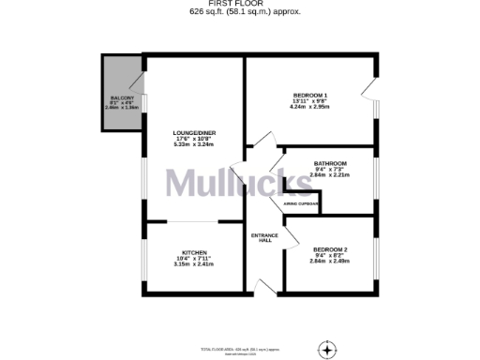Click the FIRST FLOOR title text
coord(239,4)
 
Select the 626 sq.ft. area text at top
coord(239,12)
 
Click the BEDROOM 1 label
coord(309,96)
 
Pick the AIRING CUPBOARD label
coord(301,202)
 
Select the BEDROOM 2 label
coord(330,248)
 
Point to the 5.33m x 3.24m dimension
coord(193,145)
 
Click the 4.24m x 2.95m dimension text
coord(309,109)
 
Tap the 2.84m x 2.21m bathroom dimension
coord(330,174)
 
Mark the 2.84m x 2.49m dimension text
coord(330,261)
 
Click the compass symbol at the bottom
coord(327,349)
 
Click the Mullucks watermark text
coord(240,184)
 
